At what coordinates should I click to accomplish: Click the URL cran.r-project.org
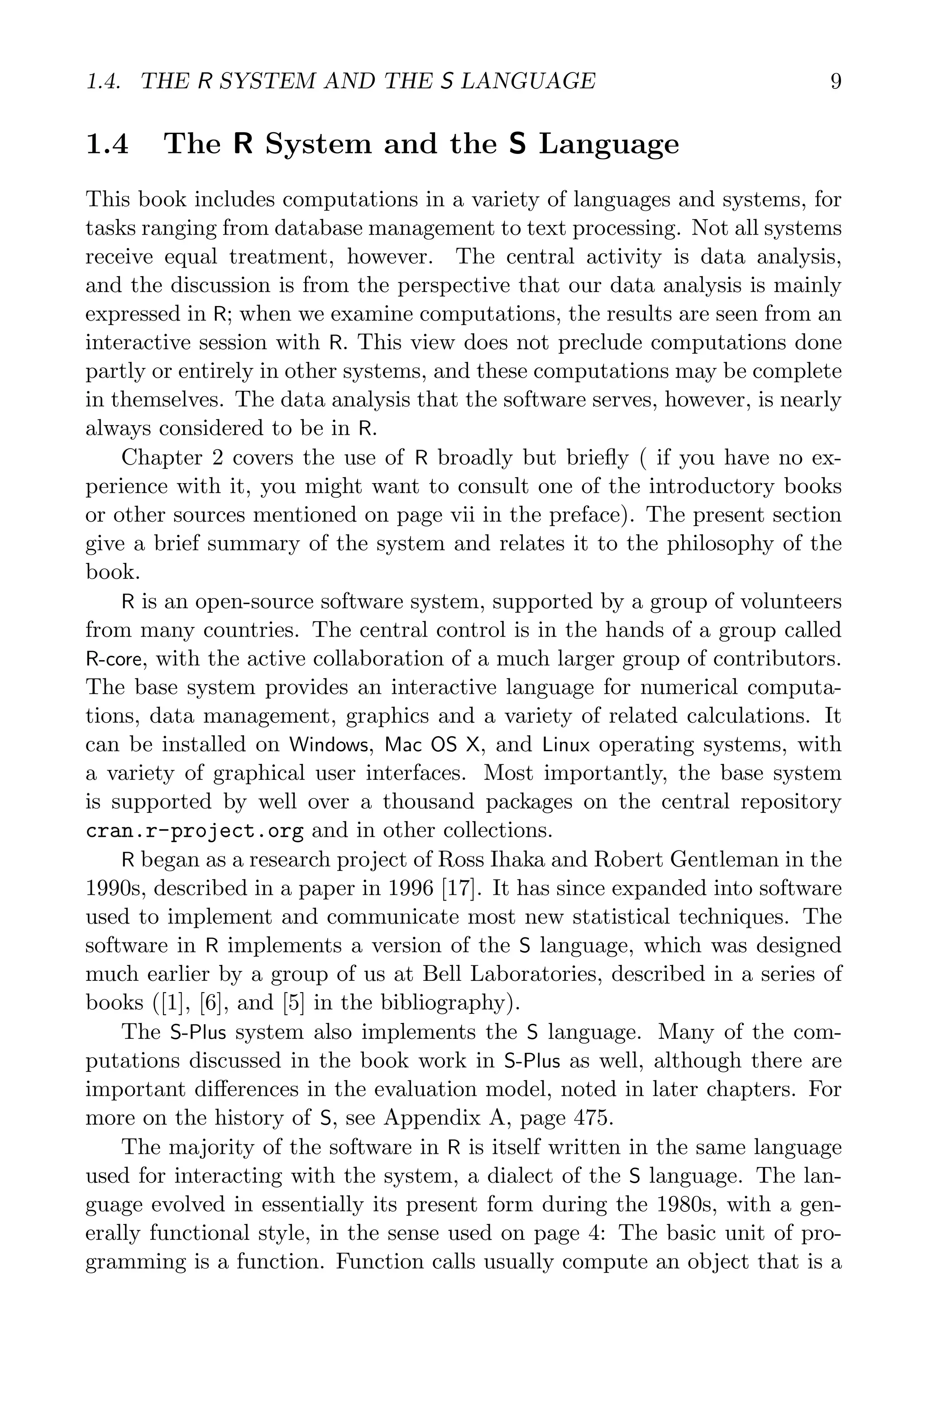[195, 831]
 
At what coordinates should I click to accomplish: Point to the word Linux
[566, 745]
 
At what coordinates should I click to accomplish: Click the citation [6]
[213, 1003]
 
